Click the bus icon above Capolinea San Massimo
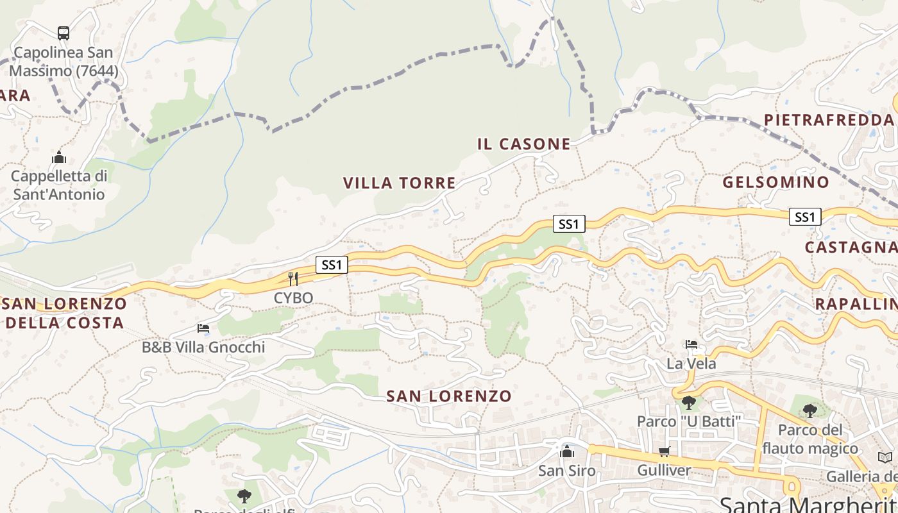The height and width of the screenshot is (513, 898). pyautogui.click(x=63, y=33)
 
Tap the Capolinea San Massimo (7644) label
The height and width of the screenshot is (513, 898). pyautogui.click(x=63, y=62)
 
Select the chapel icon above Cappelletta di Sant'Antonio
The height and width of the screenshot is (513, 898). pyautogui.click(x=59, y=157)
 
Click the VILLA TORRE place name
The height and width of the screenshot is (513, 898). pyautogui.click(x=399, y=183)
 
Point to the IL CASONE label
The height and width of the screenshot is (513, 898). pyautogui.click(x=523, y=144)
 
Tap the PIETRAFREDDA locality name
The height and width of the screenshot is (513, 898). pyautogui.click(x=828, y=120)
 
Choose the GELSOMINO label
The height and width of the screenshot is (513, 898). pyautogui.click(x=775, y=182)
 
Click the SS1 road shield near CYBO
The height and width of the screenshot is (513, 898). pyautogui.click(x=332, y=264)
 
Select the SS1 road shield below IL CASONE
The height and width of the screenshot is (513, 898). pyautogui.click(x=569, y=224)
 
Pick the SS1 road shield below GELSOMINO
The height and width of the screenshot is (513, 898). pyautogui.click(x=804, y=217)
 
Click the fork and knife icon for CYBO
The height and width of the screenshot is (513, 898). pyautogui.click(x=293, y=278)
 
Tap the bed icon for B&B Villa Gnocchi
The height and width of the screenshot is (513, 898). pyautogui.click(x=203, y=328)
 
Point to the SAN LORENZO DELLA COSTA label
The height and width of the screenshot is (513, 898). pyautogui.click(x=64, y=313)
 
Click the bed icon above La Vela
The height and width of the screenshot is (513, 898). pyautogui.click(x=691, y=345)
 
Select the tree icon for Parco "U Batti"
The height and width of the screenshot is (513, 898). pyautogui.click(x=688, y=403)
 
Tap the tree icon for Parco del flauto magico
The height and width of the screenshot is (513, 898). pyautogui.click(x=809, y=410)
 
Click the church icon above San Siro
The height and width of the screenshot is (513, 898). pyautogui.click(x=566, y=452)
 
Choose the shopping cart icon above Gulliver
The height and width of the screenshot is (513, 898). pyautogui.click(x=664, y=452)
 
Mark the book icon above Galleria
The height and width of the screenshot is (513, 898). pyautogui.click(x=885, y=457)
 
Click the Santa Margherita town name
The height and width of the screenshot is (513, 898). pyautogui.click(x=808, y=503)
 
